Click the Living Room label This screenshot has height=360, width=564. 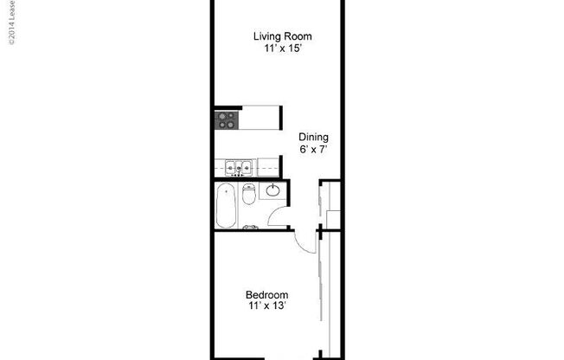[282, 36]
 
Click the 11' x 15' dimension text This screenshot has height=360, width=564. [282, 49]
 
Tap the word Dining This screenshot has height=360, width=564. [313, 137]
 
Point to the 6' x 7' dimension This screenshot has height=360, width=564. [313, 149]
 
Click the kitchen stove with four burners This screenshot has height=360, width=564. [226, 119]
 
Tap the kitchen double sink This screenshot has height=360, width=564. [237, 168]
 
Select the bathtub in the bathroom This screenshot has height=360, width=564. [225, 206]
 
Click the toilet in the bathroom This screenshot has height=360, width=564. [248, 196]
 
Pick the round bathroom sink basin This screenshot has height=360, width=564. [272, 190]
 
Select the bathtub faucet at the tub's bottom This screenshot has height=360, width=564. [250, 227]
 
